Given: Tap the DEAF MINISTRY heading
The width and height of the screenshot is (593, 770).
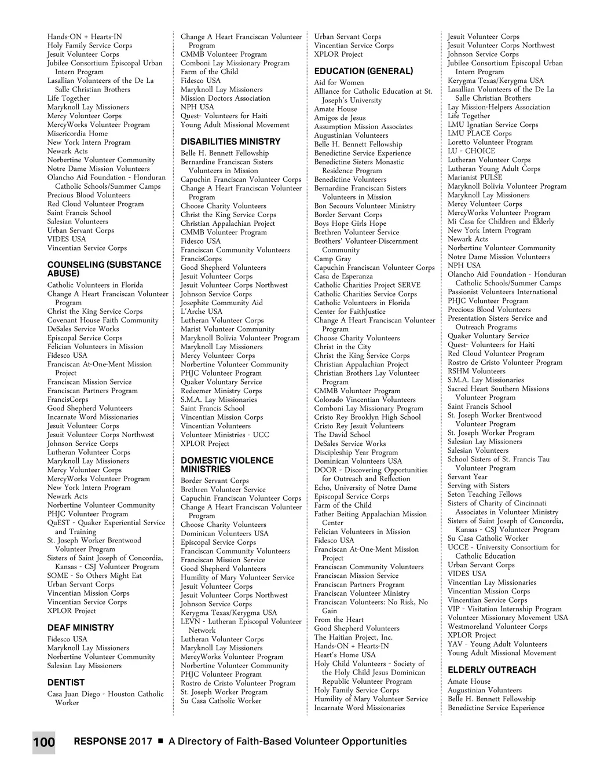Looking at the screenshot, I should (x=80, y=628).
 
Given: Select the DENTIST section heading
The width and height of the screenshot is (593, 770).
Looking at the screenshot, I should (x=66, y=683).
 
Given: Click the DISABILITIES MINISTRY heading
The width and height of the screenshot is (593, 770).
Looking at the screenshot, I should (x=230, y=141).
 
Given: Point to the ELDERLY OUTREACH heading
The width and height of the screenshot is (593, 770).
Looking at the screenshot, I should (x=492, y=670).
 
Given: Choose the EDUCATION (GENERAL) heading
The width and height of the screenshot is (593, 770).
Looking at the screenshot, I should (x=364, y=71).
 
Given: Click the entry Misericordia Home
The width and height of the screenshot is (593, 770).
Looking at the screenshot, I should (x=78, y=133).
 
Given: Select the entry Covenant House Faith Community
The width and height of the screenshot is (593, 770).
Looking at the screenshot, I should (x=103, y=320).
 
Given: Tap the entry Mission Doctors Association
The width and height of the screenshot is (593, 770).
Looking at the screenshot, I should (x=225, y=98).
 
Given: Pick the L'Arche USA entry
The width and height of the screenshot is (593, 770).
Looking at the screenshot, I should (x=202, y=311).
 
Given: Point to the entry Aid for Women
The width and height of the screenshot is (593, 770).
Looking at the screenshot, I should (x=339, y=83).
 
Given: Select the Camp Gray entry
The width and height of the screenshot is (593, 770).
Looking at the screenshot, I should (x=333, y=259).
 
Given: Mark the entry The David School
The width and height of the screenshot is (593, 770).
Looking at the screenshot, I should (x=342, y=435).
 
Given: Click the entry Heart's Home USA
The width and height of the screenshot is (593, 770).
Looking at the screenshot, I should (x=345, y=655).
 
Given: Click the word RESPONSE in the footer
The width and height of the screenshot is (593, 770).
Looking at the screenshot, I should (x=100, y=742).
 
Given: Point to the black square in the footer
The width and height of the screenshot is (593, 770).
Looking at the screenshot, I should (x=160, y=741).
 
